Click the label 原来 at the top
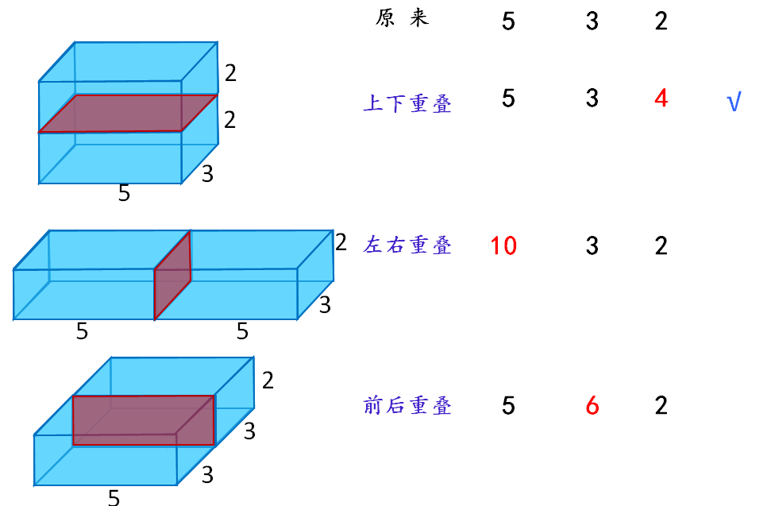point(402,19)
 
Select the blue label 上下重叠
point(407,103)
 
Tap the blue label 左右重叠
point(407,245)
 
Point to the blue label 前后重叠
point(407,406)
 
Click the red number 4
point(661,99)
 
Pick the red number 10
point(503,245)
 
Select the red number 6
point(592,407)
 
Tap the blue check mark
point(734,102)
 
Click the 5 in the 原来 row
point(508,21)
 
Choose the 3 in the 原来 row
point(592,21)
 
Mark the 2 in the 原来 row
point(661,21)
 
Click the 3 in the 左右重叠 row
point(592,245)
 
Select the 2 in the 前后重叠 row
point(661,406)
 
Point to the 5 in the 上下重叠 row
point(508,98)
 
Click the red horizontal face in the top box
point(127,114)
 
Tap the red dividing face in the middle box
point(173,275)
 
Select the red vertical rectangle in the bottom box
point(143,420)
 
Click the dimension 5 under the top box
point(124,193)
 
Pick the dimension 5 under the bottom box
point(114,497)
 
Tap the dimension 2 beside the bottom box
point(268,380)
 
